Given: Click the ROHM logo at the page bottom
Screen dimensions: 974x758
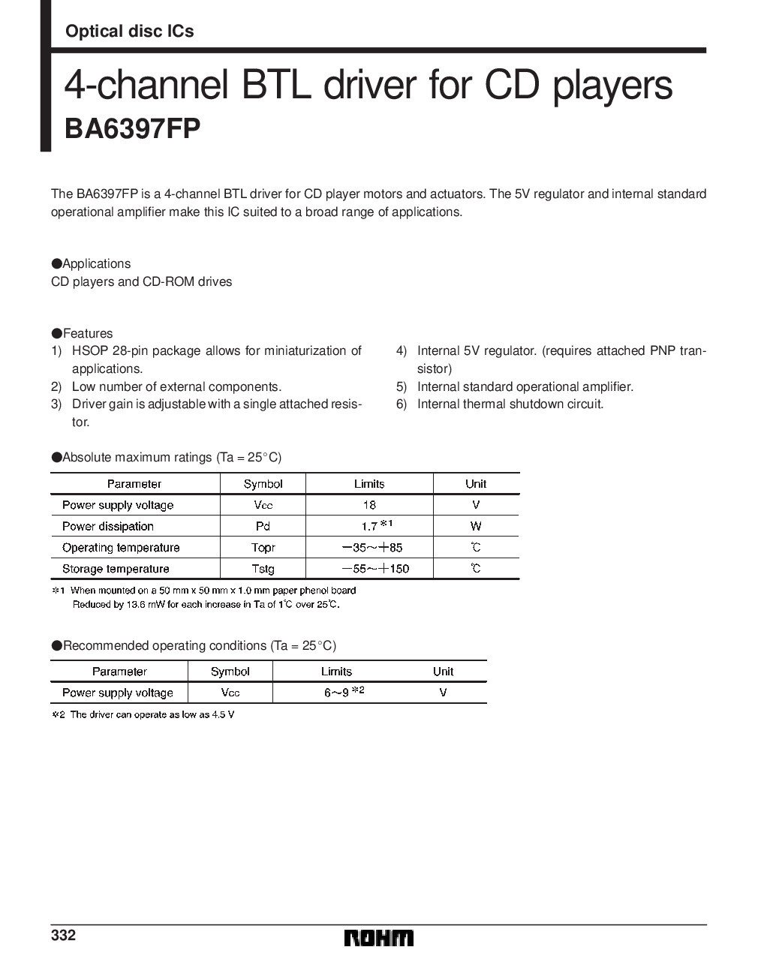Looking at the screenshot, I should pos(379,938).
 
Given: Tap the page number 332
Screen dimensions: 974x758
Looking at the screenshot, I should pos(63,936).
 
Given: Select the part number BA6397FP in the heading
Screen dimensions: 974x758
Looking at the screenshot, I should pos(132,128).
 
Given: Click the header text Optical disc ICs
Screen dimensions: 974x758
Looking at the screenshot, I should pos(130,31).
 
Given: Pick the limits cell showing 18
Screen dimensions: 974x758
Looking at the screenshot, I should pos(368,505).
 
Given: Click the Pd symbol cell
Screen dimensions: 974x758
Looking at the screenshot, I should pos(263,526).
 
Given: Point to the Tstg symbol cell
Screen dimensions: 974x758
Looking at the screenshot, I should pos(263,569).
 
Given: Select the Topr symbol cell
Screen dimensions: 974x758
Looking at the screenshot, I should pos(263,548).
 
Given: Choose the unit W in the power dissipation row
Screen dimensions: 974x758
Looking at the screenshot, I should pos(476,526).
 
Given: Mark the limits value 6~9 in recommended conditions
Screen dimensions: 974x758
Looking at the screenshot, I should pos(336,693).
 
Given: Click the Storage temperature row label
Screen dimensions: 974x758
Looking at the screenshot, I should pos(116,569).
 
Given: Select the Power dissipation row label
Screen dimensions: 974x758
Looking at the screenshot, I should pos(107,526).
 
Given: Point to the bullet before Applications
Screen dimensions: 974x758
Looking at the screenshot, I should pos(56,263).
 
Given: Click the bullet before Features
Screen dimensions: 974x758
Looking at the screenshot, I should pos(56,333).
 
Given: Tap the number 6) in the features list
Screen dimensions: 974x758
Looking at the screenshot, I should pos(402,404).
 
